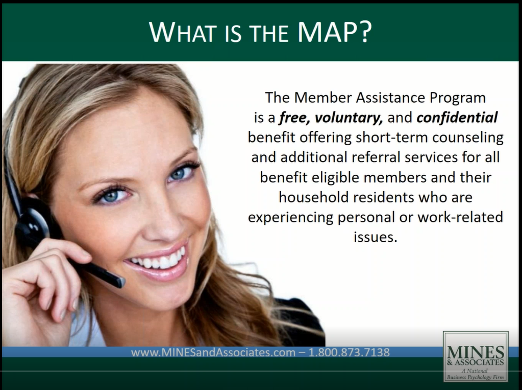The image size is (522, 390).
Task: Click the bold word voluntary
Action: pyautogui.click(x=349, y=118)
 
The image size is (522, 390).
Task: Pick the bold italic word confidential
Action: pyautogui.click(x=457, y=118)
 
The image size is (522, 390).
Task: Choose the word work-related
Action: pyautogui.click(x=460, y=217)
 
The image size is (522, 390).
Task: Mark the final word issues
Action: pyautogui.click(x=375, y=237)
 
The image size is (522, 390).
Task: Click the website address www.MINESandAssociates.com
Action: pyautogui.click(x=213, y=352)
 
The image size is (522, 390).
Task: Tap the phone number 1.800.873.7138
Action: pyautogui.click(x=349, y=352)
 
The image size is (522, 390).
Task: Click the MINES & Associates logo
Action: pyautogui.click(x=476, y=356)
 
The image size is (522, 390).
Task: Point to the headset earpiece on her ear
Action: pyautogui.click(x=32, y=222)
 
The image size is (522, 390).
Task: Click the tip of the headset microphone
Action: pyautogui.click(x=119, y=282)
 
